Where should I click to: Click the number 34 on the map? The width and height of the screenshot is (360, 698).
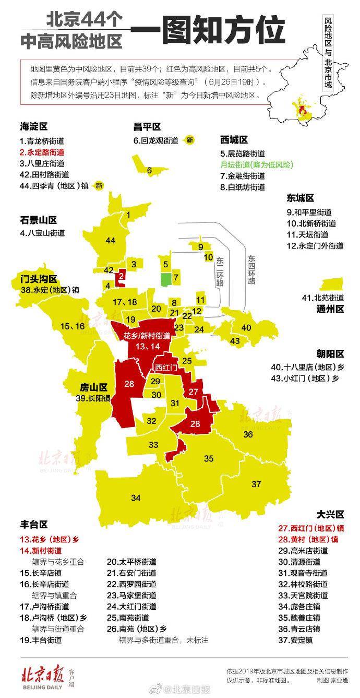click(x=136, y=498)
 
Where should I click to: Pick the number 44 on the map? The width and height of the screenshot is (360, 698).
click(x=110, y=241)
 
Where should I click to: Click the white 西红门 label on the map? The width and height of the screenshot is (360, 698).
click(x=166, y=368)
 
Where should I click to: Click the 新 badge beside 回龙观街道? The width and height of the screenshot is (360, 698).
click(x=190, y=140)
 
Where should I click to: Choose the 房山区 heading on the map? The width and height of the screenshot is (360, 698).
click(x=93, y=387)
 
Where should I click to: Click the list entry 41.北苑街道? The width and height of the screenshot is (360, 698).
click(x=323, y=298)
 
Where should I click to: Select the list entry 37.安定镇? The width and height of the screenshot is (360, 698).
click(x=295, y=640)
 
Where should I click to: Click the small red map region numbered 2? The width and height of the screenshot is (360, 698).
click(x=121, y=277)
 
